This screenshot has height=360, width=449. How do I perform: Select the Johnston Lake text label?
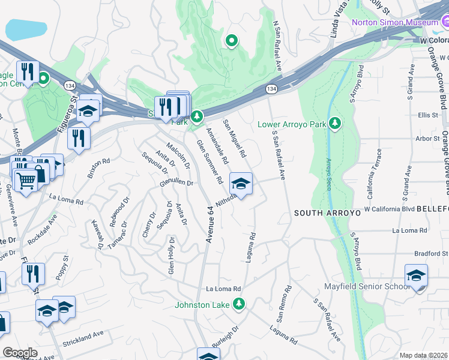coord(202,305)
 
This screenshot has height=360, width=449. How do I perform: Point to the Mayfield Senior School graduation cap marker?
coord(416,277)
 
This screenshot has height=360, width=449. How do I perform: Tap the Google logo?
coord(20,353)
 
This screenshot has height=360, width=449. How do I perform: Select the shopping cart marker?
coord(26,180)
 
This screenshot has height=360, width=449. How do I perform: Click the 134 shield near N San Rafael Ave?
coord(271,89)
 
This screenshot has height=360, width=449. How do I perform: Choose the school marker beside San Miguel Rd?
coord(241,184)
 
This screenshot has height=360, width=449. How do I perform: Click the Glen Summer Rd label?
coord(209,162)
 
